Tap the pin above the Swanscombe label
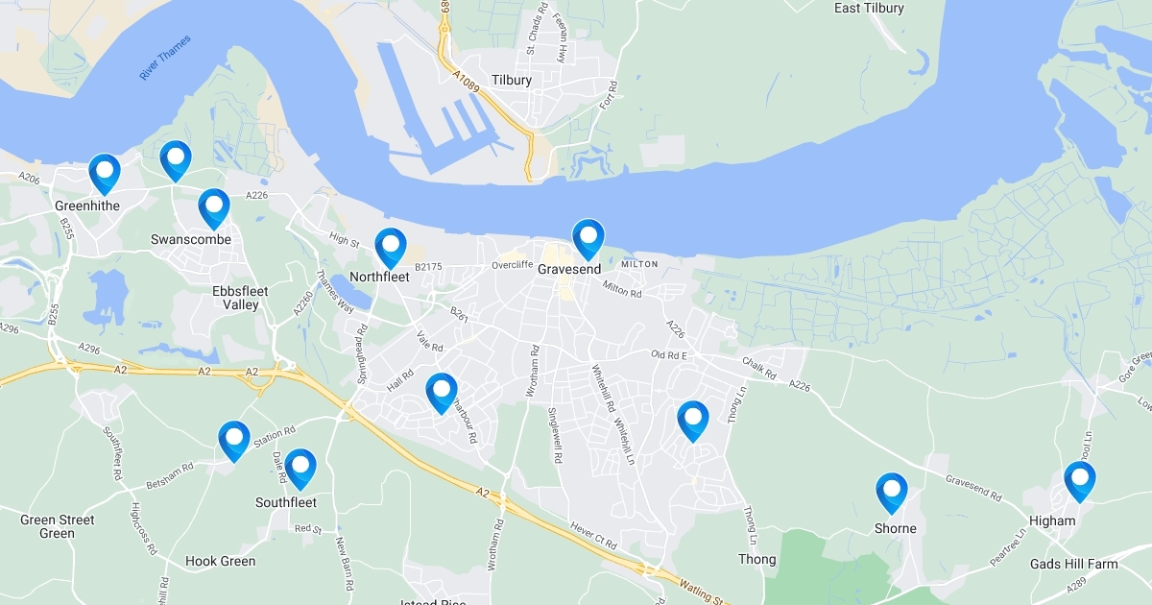pos(214,207)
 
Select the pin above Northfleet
pos(391,247)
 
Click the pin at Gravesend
pos(588,238)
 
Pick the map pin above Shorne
pos(892,492)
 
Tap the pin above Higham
pos(1080,480)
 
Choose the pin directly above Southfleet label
pos(300,468)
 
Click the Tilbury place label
pos(511,81)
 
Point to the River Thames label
pos(165,57)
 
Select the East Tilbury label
pos(869,9)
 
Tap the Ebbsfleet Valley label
pos(235,298)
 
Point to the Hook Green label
pos(220,561)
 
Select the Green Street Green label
pos(58,526)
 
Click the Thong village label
pos(756,559)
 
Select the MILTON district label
pos(640,263)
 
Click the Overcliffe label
pos(511,264)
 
